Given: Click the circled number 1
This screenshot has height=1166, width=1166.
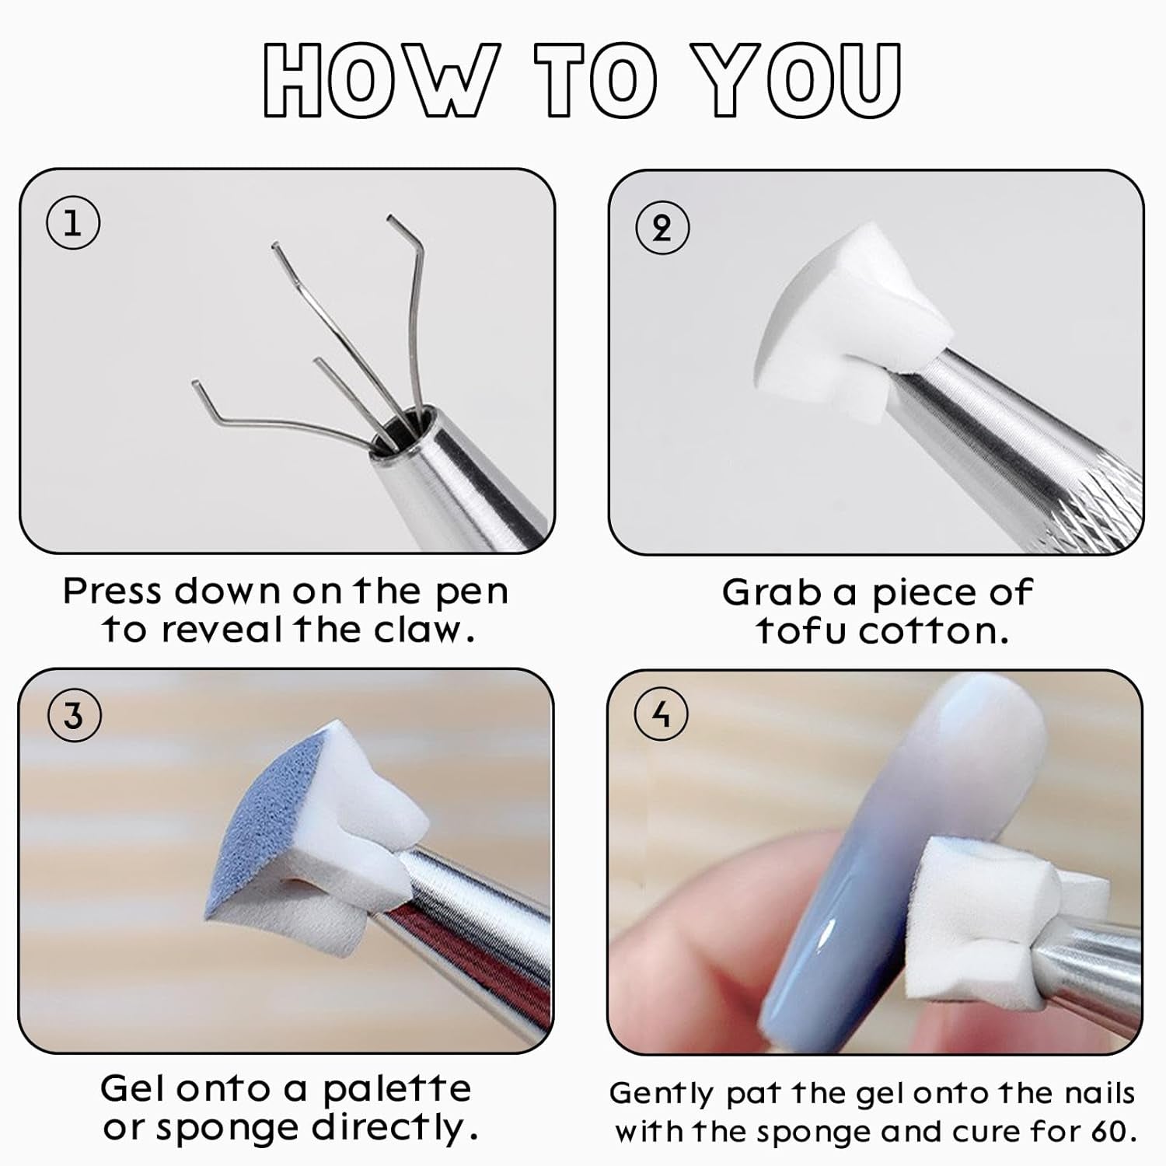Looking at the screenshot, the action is point(73,223).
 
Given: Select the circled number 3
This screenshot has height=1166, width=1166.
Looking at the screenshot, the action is point(74,715).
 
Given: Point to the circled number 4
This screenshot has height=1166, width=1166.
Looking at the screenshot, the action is point(662,714).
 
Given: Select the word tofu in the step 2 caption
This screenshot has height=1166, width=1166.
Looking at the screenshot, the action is point(801,630).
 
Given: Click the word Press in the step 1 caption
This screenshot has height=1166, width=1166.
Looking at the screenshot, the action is point(113,592).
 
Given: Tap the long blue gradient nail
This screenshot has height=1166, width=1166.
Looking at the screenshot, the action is point(871,855).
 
